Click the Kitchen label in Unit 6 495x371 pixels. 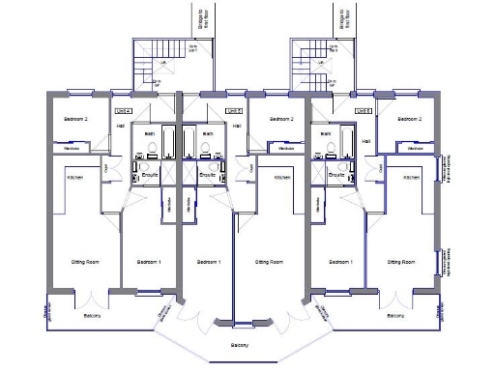click(x=411, y=178)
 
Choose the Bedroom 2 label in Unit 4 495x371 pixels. click(x=75, y=119)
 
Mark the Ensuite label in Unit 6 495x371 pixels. click(x=338, y=176)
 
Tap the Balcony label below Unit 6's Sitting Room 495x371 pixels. click(x=394, y=316)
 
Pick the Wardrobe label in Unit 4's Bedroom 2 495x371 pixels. click(x=72, y=148)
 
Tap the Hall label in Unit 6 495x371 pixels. click(x=365, y=141)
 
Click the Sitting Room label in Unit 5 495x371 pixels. click(x=268, y=262)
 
